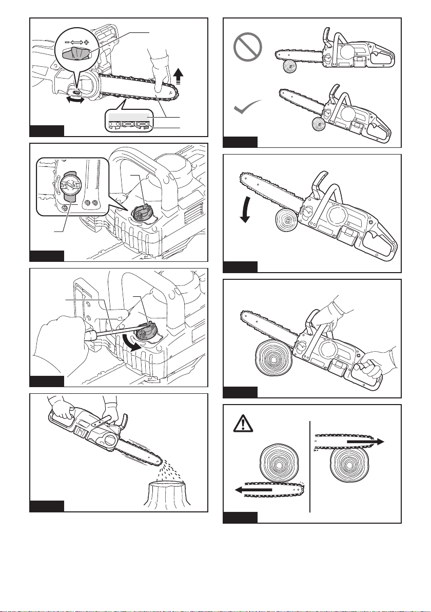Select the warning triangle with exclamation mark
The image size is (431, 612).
241,425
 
